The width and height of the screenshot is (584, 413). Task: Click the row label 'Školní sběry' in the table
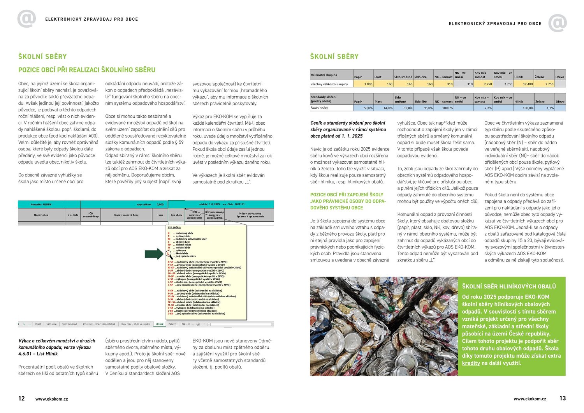pyautogui.click(x=319, y=108)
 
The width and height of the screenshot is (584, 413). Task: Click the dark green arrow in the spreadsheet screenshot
pyautogui.click(x=154, y=254)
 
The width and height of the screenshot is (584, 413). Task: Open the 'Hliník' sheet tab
pyautogui.click(x=160, y=324)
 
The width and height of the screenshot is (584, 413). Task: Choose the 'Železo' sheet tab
pyautogui.click(x=172, y=324)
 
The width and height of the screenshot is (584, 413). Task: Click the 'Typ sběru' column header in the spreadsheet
pyautogui.click(x=176, y=215)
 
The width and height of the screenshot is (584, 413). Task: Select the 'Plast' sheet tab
pyautogui.click(x=38, y=324)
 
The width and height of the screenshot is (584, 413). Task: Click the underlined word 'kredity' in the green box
pyautogui.click(x=471, y=363)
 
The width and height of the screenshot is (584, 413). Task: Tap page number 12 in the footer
pyautogui.click(x=22, y=398)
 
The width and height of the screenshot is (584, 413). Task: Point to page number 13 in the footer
pyautogui.click(x=562, y=398)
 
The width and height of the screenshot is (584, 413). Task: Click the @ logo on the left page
pyautogui.click(x=26, y=19)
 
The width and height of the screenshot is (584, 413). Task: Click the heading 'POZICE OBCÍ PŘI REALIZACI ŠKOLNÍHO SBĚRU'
pyautogui.click(x=87, y=70)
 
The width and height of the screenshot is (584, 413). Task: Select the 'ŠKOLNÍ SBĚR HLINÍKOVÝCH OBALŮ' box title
pyautogui.click(x=508, y=286)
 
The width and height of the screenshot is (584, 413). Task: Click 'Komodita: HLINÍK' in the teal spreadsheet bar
pyautogui.click(x=41, y=204)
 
